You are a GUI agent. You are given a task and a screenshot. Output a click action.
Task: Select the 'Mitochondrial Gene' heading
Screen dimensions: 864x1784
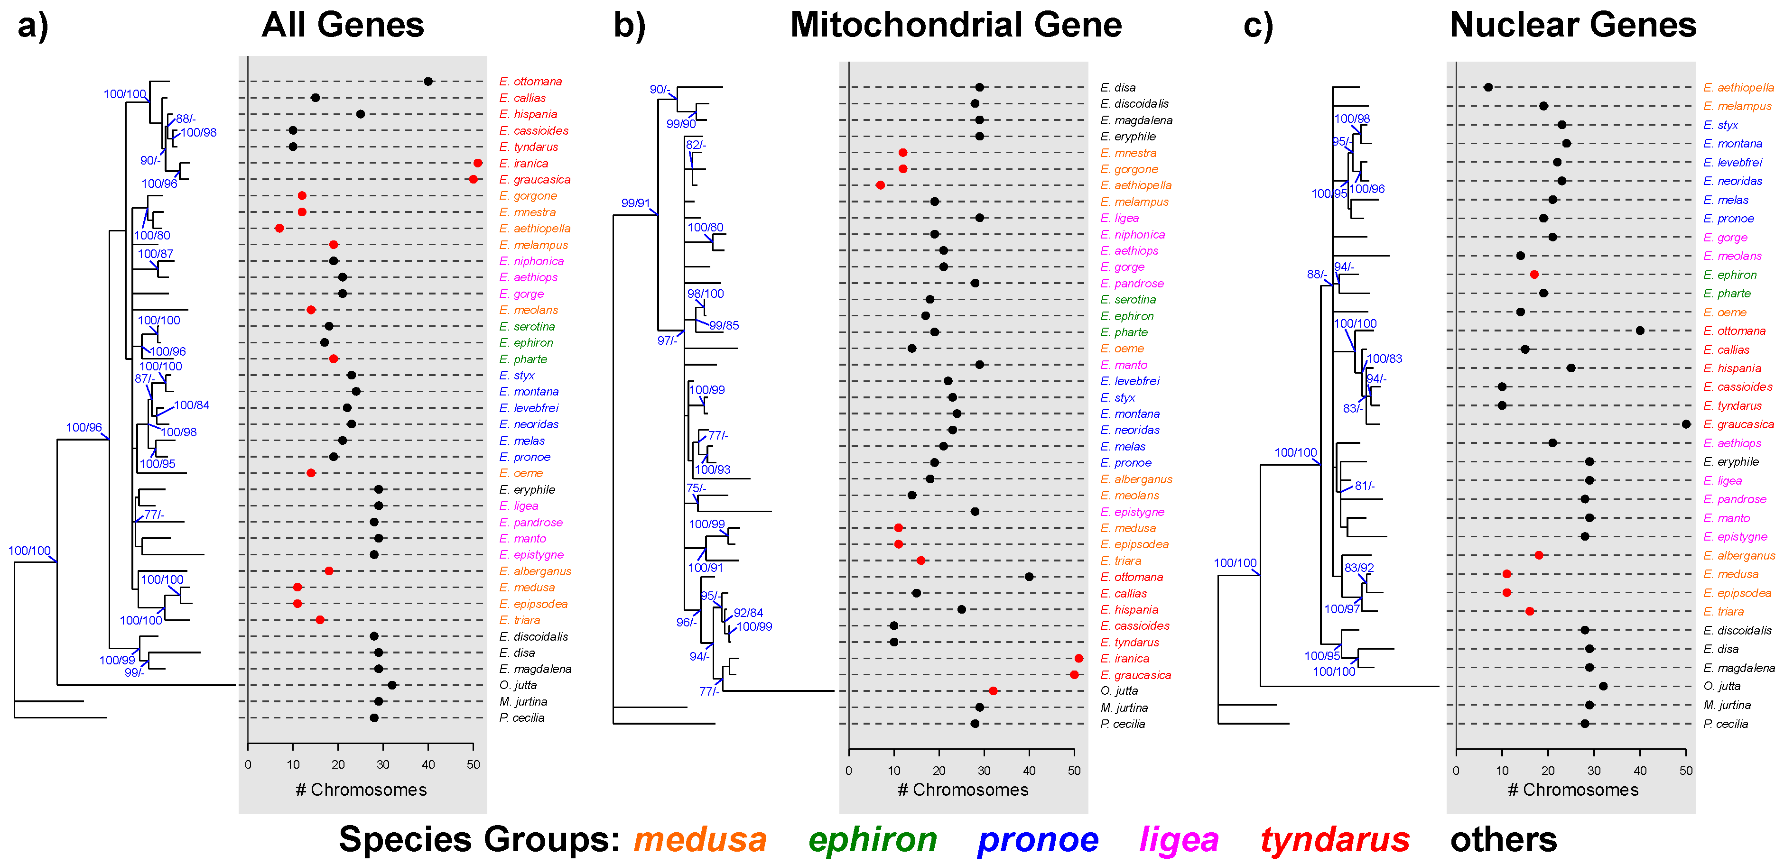click(x=955, y=25)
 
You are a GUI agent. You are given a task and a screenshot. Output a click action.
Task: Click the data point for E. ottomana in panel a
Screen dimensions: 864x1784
click(x=428, y=82)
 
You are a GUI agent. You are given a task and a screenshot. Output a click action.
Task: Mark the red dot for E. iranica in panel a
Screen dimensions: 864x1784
click(x=478, y=164)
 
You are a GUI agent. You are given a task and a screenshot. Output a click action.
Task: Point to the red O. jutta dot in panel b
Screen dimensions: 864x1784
click(x=993, y=691)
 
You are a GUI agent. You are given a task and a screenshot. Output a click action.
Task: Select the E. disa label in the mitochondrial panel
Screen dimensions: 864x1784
click(x=1118, y=87)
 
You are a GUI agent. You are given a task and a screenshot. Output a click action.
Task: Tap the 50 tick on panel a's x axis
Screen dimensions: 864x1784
click(x=473, y=764)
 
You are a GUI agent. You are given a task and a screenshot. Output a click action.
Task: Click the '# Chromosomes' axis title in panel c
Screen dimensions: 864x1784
click(x=1573, y=790)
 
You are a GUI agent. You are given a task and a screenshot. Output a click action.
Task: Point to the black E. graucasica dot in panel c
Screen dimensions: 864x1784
click(x=1686, y=424)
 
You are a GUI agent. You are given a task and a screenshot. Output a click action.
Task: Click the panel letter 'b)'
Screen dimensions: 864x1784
click(x=629, y=26)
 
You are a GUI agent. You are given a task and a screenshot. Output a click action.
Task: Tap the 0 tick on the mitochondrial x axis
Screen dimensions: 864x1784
click(x=849, y=771)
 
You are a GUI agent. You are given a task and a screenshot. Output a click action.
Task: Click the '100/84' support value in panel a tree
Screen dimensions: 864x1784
click(x=191, y=405)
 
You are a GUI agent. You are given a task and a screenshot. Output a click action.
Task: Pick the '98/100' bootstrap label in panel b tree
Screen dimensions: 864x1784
click(x=705, y=294)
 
